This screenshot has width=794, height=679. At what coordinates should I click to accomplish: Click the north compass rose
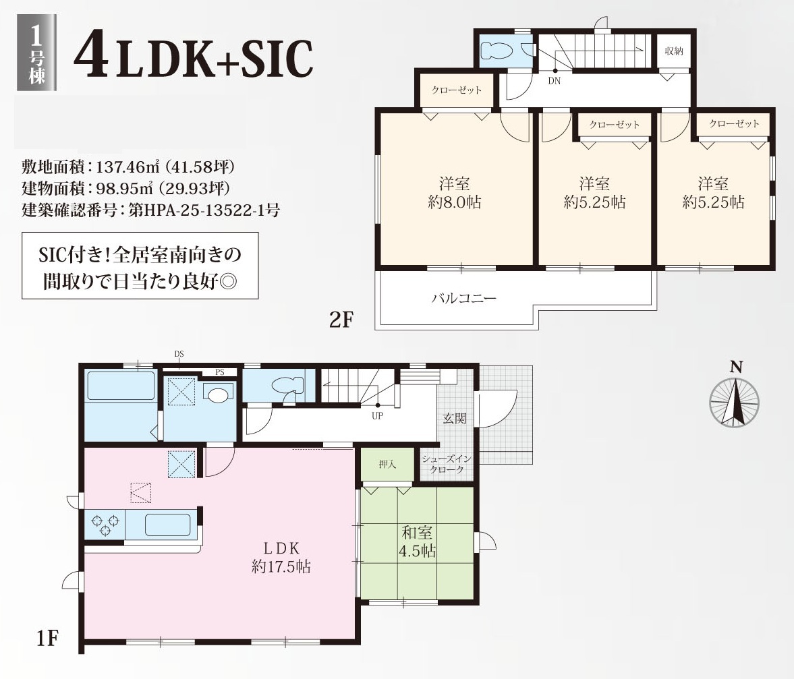click(734, 403)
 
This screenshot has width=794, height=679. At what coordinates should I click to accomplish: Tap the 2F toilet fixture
click(497, 51)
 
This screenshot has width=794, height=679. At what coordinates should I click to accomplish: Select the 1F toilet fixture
click(287, 386)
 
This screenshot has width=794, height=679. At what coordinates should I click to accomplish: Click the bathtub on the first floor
click(121, 386)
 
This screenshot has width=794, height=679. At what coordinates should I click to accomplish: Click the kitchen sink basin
click(167, 525)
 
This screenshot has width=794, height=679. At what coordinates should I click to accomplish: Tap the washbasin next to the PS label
click(219, 394)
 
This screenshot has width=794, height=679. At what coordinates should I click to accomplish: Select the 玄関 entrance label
click(454, 419)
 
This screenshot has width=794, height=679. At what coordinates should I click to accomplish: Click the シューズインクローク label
click(447, 464)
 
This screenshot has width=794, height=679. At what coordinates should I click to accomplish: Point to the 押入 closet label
click(387, 465)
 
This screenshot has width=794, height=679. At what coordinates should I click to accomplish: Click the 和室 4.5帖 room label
click(417, 541)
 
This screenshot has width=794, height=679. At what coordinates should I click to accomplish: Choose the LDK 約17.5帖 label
click(281, 557)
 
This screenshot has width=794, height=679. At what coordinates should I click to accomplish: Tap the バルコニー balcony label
click(464, 298)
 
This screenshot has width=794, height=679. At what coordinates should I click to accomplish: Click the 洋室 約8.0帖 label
click(454, 193)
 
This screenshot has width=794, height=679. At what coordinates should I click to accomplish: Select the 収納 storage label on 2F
click(674, 51)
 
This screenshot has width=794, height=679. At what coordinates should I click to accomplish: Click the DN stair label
click(554, 81)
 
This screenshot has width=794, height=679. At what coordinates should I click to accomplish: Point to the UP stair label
click(377, 416)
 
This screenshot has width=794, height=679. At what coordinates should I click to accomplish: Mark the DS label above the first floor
click(179, 354)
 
